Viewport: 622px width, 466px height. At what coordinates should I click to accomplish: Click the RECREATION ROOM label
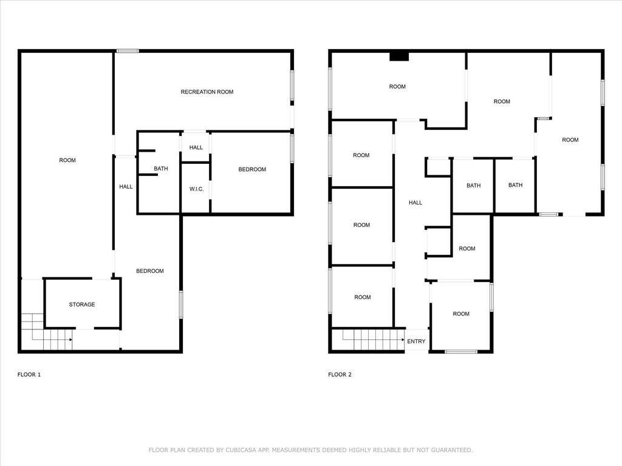(x=207, y=92)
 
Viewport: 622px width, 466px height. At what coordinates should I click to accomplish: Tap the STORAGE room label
(x=82, y=305)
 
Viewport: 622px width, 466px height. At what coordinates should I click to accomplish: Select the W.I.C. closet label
(x=196, y=189)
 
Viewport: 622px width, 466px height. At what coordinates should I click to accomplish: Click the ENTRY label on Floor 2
(x=416, y=341)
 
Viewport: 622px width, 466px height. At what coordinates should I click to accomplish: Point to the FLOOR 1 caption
(x=29, y=374)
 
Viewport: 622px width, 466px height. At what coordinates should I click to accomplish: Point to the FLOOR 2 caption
(x=340, y=374)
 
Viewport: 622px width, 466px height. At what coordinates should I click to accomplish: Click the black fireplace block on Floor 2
(x=399, y=56)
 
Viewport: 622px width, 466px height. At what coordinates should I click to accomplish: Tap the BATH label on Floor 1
(x=160, y=169)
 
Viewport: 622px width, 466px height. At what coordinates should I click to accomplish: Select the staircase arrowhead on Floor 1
(x=70, y=340)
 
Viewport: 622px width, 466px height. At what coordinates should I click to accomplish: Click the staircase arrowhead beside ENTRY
(x=403, y=340)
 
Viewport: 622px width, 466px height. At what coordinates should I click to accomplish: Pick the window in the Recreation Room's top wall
(x=128, y=51)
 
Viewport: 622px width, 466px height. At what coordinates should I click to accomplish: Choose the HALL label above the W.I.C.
(x=196, y=147)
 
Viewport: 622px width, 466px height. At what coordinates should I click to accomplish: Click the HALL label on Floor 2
(x=415, y=203)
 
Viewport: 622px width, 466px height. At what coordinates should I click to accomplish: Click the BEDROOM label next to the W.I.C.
(x=252, y=170)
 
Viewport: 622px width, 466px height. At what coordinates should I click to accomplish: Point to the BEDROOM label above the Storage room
(x=150, y=271)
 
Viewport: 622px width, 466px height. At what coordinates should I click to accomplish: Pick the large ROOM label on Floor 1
(x=67, y=160)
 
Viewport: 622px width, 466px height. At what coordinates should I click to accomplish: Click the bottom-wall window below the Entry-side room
(x=460, y=351)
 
